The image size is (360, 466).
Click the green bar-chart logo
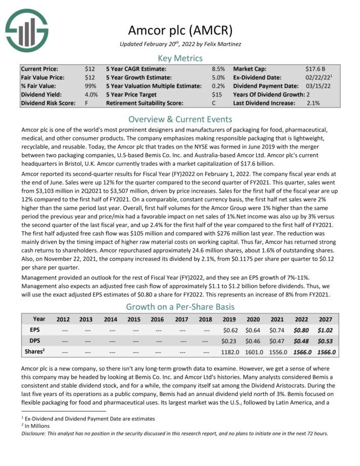(x=27, y=30)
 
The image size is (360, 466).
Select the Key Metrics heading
(x=180, y=58)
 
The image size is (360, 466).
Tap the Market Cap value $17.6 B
(x=315, y=68)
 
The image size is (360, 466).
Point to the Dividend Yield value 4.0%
(x=91, y=94)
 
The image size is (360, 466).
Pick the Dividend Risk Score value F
(x=87, y=103)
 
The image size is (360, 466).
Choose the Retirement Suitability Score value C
(x=214, y=103)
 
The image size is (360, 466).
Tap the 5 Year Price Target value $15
(x=217, y=94)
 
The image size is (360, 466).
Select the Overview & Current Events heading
(x=180, y=120)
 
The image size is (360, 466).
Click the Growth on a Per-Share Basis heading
(x=180, y=307)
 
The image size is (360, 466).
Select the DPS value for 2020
(x=254, y=341)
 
